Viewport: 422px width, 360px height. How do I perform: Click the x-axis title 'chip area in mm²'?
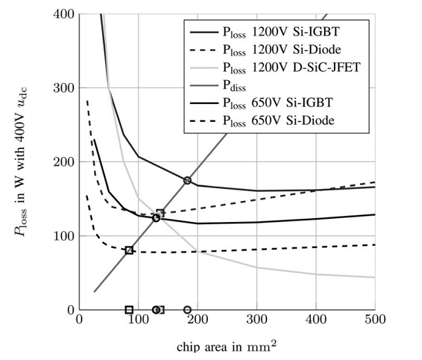click(227, 347)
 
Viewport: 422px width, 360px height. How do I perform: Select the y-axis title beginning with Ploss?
click(27, 162)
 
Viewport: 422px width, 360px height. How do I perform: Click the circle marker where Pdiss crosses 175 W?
click(187, 180)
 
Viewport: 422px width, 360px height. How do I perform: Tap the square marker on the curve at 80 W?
click(129, 250)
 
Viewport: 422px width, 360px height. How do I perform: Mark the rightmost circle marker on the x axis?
click(187, 310)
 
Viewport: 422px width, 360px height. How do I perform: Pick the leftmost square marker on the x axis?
click(129, 310)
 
